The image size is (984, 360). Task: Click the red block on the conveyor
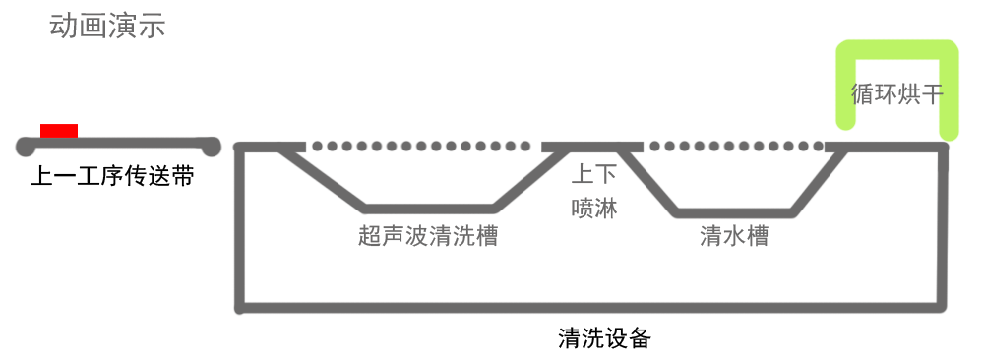(x=59, y=131)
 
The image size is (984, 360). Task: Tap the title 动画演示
(x=107, y=25)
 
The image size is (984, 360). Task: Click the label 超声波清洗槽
(x=429, y=236)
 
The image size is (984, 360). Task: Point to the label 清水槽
(x=734, y=236)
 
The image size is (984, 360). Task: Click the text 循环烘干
(x=896, y=94)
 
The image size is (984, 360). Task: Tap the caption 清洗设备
(x=604, y=338)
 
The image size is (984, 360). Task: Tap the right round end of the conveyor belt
(x=210, y=148)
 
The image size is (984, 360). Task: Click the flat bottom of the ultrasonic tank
(x=429, y=209)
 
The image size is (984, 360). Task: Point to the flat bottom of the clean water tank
(x=734, y=212)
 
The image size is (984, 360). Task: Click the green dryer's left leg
(x=844, y=89)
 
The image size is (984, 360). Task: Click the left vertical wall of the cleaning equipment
(x=240, y=226)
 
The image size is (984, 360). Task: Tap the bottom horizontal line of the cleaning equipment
(x=590, y=307)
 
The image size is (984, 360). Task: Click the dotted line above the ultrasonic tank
(x=419, y=147)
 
